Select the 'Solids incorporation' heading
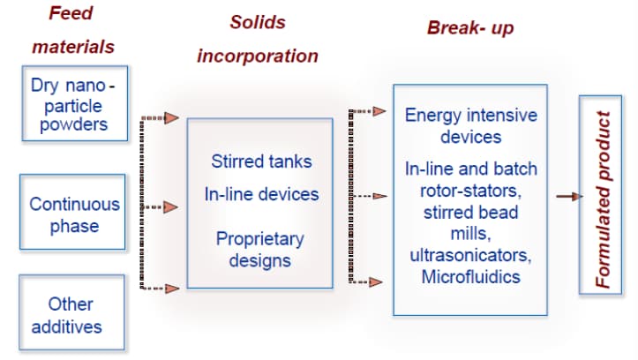click(258, 39)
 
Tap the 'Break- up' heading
click(469, 27)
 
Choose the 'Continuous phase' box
click(73, 214)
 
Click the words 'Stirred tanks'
click(261, 161)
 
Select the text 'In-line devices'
click(261, 193)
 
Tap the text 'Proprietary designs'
click(260, 249)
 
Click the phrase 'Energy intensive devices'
click(471, 126)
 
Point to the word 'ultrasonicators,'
click(470, 255)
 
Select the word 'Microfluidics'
click(470, 277)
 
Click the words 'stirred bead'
click(470, 212)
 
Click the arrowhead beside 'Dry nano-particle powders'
click(173, 117)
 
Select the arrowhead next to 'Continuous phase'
click(172, 207)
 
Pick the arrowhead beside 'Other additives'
click(173, 288)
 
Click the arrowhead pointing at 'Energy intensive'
click(379, 111)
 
